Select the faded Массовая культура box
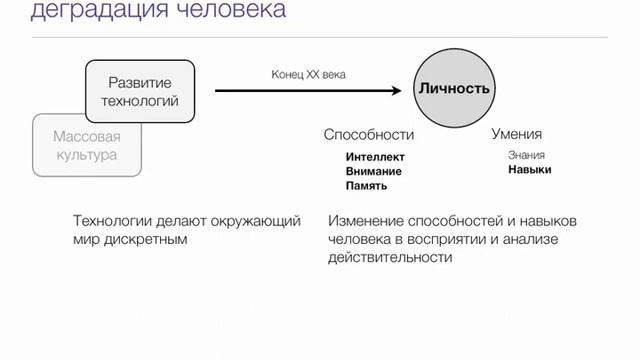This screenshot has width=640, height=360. pyautogui.click(x=86, y=145)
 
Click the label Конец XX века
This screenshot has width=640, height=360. pyautogui.click(x=309, y=74)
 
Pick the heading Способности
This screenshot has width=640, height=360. pyautogui.click(x=368, y=134)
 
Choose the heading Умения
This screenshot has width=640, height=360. pyautogui.click(x=516, y=134)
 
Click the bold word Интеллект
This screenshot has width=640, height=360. pyautogui.click(x=375, y=157)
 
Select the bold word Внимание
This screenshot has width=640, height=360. pyautogui.click(x=374, y=171)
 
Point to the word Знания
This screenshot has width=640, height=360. pyautogui.click(x=526, y=155)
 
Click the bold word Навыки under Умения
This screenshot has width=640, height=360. pyautogui.click(x=529, y=169)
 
